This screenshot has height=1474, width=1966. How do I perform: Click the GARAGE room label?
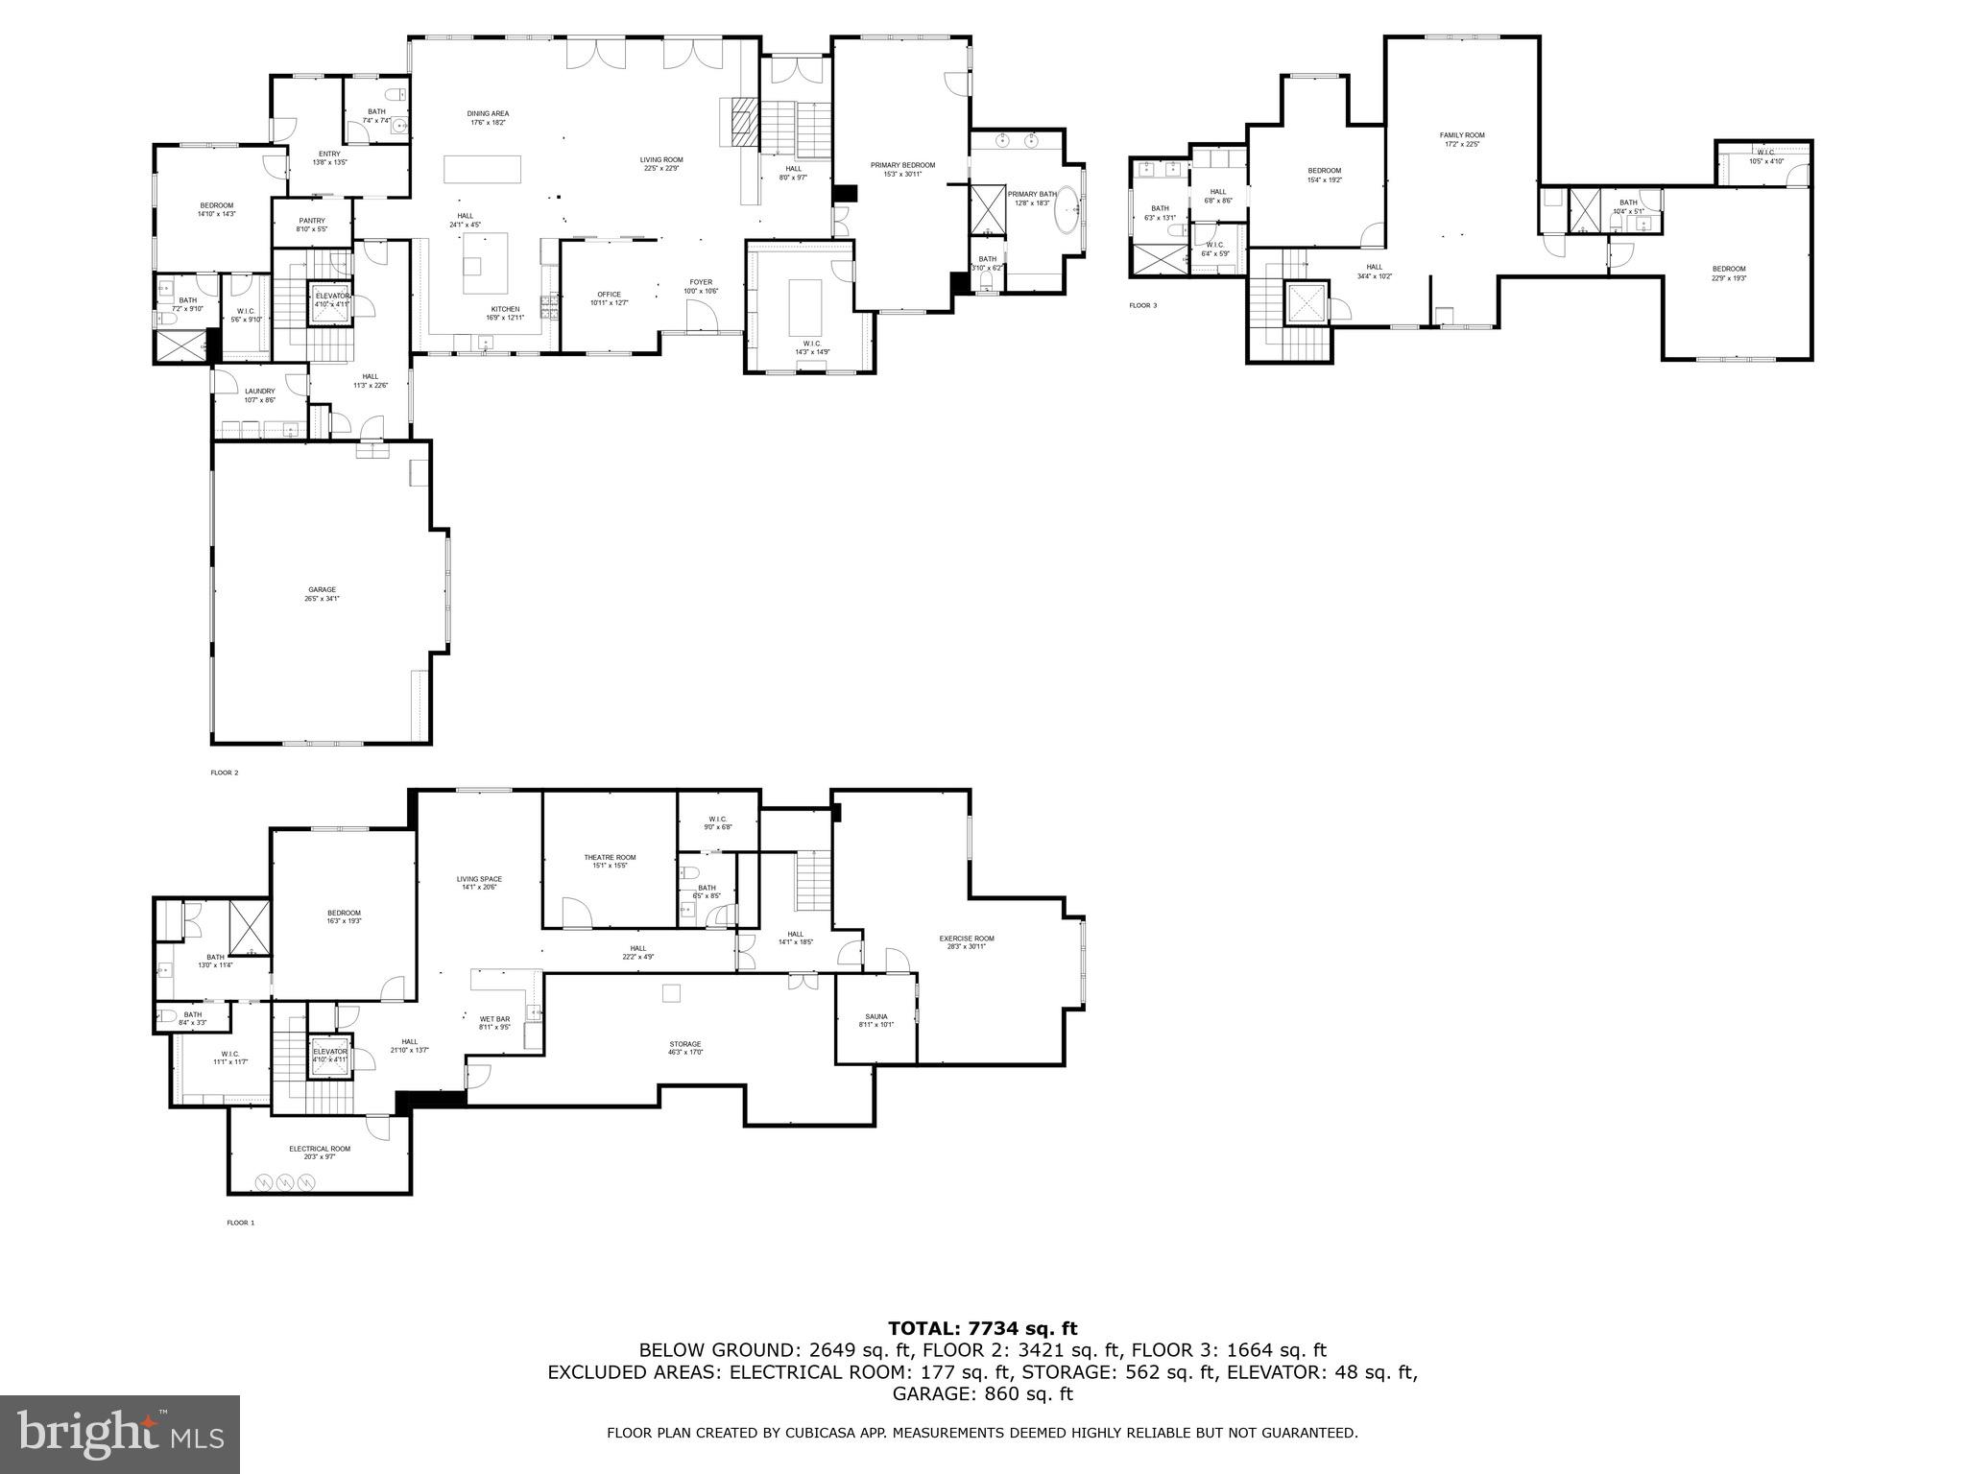click(322, 590)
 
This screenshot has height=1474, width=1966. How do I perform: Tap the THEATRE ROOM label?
click(610, 858)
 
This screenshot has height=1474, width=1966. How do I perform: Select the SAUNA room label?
click(875, 1016)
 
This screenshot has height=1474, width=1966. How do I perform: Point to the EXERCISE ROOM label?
click(966, 939)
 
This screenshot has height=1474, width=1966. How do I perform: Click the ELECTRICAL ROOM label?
click(320, 1149)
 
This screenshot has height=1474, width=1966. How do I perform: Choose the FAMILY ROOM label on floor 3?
click(1461, 135)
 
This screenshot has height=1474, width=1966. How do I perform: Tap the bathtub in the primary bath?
click(1068, 217)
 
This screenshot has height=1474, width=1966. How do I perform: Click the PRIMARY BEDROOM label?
click(902, 165)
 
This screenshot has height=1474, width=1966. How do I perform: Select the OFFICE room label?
click(609, 295)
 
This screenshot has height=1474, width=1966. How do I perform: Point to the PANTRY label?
click(312, 221)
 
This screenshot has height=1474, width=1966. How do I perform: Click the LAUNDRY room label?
click(259, 392)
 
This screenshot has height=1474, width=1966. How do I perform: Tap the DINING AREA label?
click(488, 114)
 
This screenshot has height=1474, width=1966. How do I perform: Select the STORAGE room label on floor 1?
click(684, 1044)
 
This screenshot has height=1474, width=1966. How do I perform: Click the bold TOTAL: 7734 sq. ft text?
click(982, 1328)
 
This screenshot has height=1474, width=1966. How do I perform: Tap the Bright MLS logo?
click(119, 1434)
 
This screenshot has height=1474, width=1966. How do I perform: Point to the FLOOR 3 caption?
click(1142, 305)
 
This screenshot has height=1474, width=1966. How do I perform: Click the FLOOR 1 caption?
click(240, 1223)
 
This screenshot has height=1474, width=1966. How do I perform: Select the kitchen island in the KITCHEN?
click(485, 262)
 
